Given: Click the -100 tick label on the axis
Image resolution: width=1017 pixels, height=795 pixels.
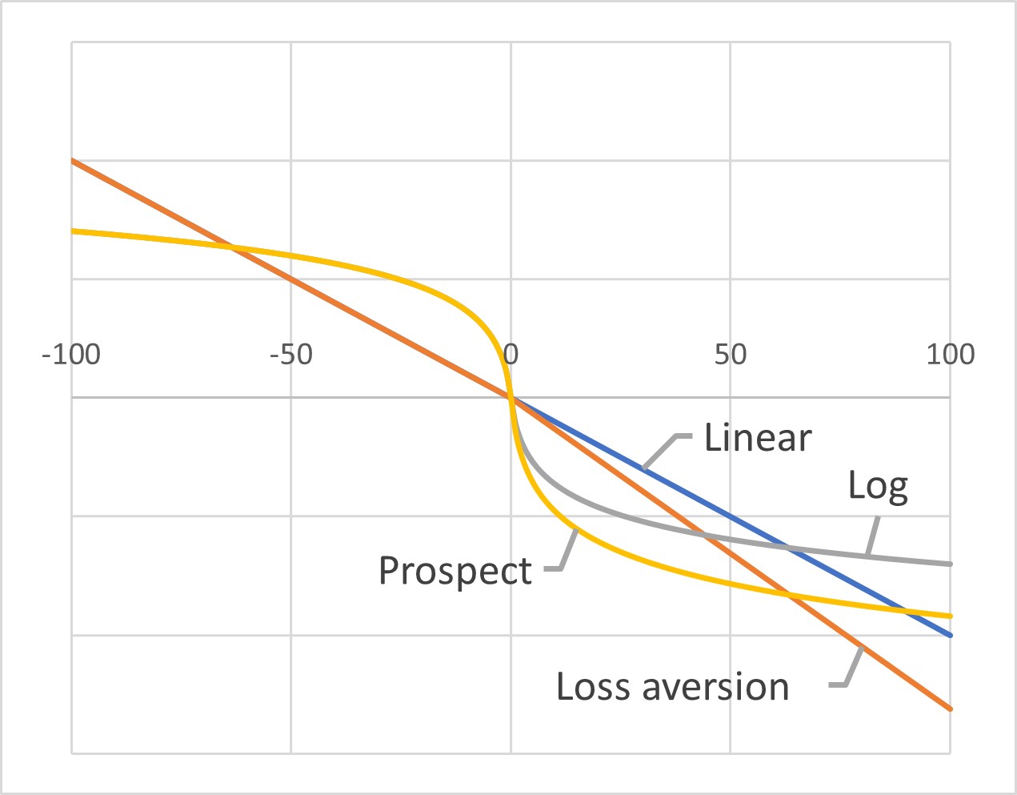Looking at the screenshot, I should tap(71, 355).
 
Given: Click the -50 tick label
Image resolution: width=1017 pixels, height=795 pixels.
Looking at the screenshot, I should tap(290, 355).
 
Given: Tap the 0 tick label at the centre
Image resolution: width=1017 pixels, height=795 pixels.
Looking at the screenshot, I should tap(511, 355).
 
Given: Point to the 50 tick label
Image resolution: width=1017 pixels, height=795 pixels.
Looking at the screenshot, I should tap(730, 355).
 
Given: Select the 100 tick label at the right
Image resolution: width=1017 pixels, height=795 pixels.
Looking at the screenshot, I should tap(951, 355).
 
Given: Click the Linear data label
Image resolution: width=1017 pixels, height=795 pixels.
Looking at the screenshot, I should tap(757, 438).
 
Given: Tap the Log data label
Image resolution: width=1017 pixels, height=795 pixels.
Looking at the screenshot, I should tap(878, 487).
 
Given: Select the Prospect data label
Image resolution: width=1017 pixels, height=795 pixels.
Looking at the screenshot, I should tap(454, 571).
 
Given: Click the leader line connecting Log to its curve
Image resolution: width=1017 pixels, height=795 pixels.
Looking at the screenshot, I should tap(873, 536).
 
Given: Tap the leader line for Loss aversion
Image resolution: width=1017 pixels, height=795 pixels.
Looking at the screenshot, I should tap(851, 669).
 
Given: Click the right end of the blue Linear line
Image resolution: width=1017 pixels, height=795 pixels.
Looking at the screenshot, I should tap(951, 636).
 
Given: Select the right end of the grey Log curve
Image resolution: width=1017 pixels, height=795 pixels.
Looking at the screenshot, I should tap(951, 564).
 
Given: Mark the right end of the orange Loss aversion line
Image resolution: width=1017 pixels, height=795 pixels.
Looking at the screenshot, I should tap(951, 709).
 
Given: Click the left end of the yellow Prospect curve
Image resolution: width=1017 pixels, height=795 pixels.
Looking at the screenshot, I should tap(73, 231).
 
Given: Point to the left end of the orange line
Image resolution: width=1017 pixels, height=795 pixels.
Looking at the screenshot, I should tap(73, 161).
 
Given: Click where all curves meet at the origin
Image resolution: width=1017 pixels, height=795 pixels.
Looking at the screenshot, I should tap(511, 398).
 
